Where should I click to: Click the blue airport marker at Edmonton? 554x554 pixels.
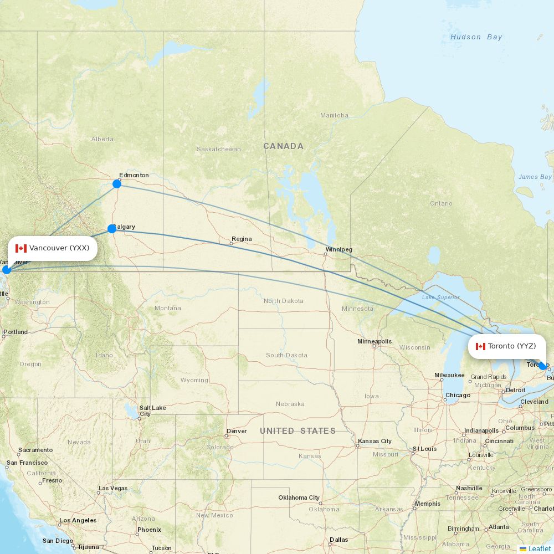click(117, 184)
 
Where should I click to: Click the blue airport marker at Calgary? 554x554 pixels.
click(112, 229)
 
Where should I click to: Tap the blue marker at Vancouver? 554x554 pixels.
click(6, 270)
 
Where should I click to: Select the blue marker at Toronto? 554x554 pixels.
click(542, 366)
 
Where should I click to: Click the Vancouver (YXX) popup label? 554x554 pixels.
click(53, 248)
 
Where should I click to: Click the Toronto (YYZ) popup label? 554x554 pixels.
click(507, 346)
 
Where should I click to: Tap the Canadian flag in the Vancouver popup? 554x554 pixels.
click(21, 248)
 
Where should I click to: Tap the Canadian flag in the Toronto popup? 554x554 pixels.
click(480, 346)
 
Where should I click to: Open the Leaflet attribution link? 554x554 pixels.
click(539, 548)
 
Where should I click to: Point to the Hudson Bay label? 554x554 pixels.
click(476, 37)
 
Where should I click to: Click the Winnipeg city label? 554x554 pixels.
click(338, 249)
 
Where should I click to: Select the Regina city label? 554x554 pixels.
click(242, 239)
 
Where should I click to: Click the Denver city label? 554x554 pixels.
click(237, 431)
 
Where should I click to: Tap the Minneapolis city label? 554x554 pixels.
click(375, 341)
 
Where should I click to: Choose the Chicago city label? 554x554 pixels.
click(458, 396)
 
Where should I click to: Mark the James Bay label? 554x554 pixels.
click(535, 177)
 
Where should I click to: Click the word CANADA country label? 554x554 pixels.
click(283, 146)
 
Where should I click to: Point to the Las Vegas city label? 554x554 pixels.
click(112, 489)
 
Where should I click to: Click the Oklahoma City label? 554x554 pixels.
click(299, 497)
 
